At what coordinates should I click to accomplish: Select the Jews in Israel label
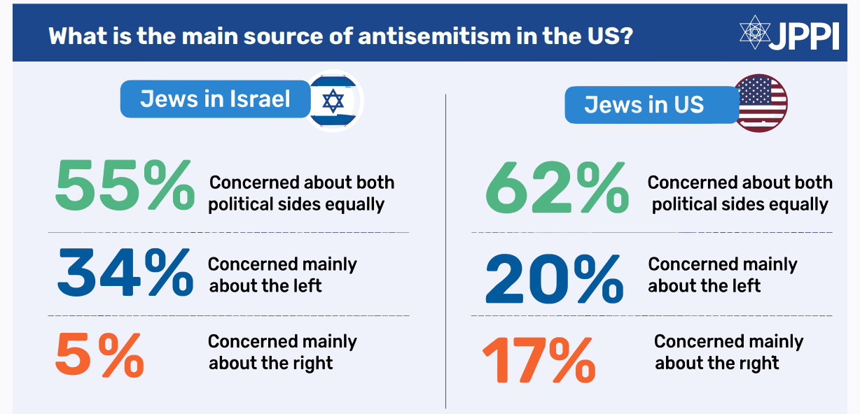click(x=215, y=99)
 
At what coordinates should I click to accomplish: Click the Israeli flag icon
click(x=333, y=101)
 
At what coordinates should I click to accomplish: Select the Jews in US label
click(x=644, y=104)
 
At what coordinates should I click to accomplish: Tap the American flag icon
click(x=761, y=103)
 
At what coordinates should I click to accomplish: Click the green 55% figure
click(x=124, y=186)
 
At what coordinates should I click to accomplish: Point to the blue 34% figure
click(x=125, y=272)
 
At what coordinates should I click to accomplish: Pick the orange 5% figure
click(x=99, y=354)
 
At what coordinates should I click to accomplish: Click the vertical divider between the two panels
click(x=446, y=252)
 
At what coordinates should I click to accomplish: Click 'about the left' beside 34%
click(x=265, y=285)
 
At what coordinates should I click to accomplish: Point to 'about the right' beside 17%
click(x=717, y=364)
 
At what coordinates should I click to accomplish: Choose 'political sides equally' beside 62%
click(x=740, y=205)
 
